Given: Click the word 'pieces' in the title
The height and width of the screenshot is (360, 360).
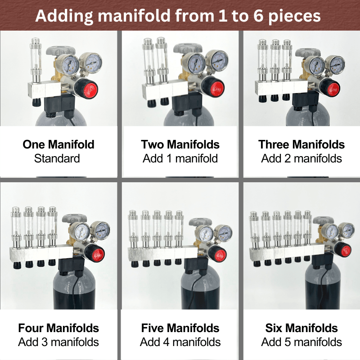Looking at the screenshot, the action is pos(294,17).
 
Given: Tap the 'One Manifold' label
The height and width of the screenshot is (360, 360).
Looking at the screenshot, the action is pos(58,144).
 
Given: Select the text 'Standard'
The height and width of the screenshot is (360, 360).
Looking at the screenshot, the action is pos(57,158).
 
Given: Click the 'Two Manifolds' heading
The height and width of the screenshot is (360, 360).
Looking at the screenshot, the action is pos(180,144).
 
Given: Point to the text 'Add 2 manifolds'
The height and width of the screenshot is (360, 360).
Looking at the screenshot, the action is pos(301,158).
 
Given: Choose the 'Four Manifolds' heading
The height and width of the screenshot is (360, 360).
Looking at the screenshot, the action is pos(58,328).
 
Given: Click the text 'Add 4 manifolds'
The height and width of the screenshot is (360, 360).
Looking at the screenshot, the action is pos(180,342).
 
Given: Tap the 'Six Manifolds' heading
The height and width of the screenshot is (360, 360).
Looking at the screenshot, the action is pos(301,328).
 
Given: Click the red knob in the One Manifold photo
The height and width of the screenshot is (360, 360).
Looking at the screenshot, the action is pos(90,90).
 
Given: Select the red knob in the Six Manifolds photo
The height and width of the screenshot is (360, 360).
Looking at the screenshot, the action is pos(346,250).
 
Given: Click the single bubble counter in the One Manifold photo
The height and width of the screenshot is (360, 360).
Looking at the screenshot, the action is pos(36,60).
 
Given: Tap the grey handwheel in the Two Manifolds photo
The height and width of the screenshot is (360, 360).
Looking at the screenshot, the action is pos(188,49).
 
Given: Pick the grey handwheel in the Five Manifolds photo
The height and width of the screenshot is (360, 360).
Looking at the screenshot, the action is pos(200,222).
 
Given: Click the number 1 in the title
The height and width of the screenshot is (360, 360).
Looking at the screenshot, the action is pos(222,16).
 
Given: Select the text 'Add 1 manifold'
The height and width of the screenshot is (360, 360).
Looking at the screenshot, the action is pos(180,158).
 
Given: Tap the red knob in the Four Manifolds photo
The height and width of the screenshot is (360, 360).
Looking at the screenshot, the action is pos(98,255).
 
